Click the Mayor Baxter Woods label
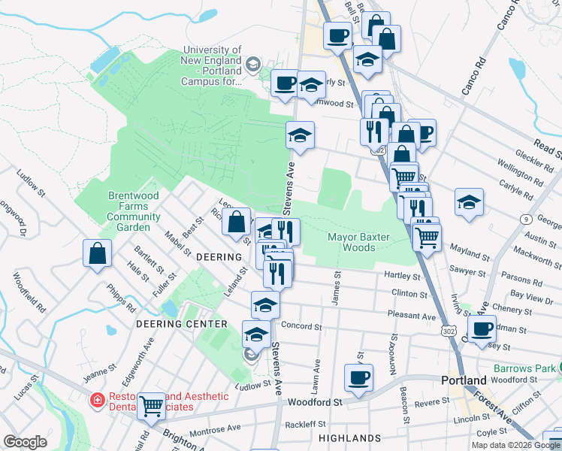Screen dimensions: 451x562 358,242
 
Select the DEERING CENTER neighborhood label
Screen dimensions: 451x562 181,324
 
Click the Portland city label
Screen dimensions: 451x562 464,380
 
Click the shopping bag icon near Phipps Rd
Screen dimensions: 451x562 98,253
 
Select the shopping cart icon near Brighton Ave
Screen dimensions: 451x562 152,405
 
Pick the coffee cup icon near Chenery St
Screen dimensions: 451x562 482,327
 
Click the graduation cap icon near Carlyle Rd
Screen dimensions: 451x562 469,201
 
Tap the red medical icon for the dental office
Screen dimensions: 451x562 96,401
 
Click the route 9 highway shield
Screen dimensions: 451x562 524,219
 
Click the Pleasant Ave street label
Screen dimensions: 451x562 412,316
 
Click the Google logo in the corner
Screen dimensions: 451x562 26,442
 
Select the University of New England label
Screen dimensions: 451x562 213,65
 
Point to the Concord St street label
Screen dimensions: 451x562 301,327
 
